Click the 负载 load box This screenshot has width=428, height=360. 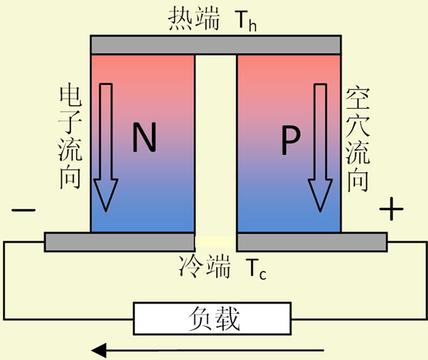pos(213,320)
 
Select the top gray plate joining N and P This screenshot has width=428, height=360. pos(216,44)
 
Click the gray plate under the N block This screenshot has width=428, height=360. pos(119,242)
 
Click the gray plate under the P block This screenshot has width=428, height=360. pos(312,242)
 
